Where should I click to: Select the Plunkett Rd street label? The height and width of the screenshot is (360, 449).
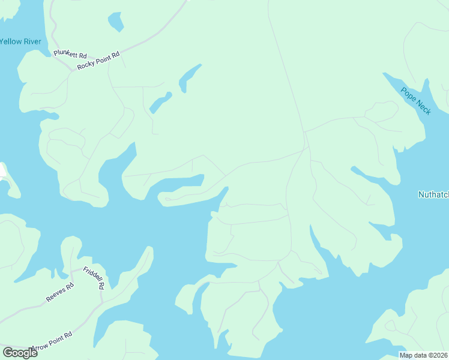coord(70,55)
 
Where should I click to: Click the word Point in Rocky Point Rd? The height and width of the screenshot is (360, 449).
coord(103,58)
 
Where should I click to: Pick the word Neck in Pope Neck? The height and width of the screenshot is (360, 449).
coord(423,107)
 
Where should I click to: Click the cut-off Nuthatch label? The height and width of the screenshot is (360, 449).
coord(433,194)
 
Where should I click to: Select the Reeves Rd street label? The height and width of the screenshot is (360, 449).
coord(59,292)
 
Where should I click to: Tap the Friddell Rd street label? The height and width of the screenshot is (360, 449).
coord(94,278)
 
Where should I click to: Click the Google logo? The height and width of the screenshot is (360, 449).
coord(20,353)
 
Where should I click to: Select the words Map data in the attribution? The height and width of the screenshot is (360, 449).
coord(413,355)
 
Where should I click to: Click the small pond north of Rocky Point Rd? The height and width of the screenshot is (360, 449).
coord(115,22)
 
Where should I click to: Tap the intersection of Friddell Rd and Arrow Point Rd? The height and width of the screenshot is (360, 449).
coord(102,302)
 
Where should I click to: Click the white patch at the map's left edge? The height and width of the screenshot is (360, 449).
coord(2,170)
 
